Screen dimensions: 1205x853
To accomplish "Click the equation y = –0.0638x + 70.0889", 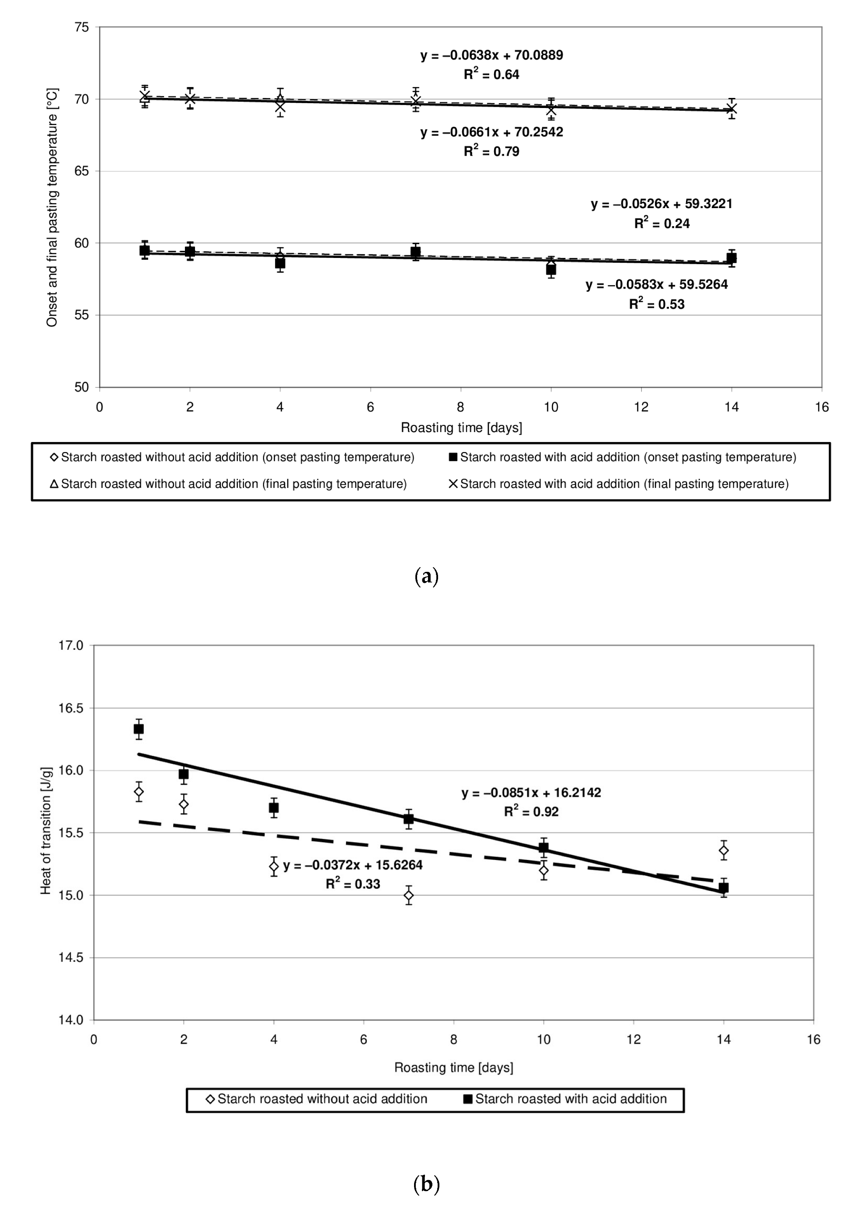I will (x=491, y=55).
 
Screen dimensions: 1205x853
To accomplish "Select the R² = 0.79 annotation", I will (x=491, y=151).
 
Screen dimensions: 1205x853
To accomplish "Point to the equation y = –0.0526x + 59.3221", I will (x=662, y=204).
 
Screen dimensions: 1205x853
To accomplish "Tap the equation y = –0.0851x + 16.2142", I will (x=531, y=792).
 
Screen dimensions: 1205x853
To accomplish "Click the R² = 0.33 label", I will (x=352, y=884).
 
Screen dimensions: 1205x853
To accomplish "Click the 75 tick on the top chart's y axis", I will (x=82, y=27).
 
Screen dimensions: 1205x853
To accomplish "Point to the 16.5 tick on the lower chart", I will (x=71, y=708).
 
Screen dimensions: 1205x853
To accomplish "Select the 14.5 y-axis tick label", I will (x=71, y=958).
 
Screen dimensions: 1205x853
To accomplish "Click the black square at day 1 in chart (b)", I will (x=139, y=728).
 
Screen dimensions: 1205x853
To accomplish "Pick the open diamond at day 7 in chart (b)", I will (x=409, y=895).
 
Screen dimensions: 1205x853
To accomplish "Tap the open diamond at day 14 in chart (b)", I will (x=724, y=850).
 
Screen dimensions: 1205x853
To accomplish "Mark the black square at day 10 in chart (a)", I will (x=551, y=269).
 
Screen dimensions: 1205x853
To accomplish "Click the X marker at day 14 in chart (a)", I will (x=731, y=109).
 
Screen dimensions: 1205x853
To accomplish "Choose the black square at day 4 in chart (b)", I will (x=274, y=808).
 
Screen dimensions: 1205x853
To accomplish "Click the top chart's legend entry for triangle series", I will (x=229, y=484).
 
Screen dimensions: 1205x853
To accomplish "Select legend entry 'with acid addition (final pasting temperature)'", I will (x=619, y=484).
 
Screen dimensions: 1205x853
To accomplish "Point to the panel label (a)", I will (x=426, y=577).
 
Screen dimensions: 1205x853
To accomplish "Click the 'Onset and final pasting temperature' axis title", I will (x=52, y=208).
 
